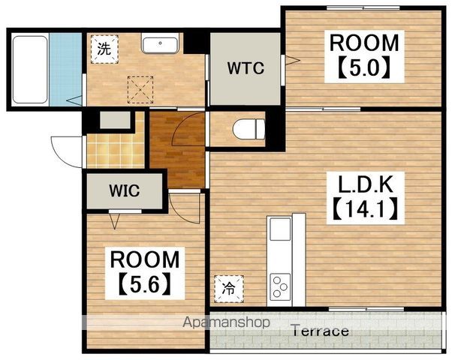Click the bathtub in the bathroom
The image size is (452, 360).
[30, 70]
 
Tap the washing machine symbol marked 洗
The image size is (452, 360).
[104, 49]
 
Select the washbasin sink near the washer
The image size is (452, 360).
[160, 45]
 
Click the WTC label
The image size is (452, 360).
[246, 68]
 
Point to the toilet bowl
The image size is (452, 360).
[249, 130]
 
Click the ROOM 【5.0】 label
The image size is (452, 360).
[364, 57]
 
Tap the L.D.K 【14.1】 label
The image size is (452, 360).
[365, 198]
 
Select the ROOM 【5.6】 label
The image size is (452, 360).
[145, 273]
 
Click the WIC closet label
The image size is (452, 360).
[125, 190]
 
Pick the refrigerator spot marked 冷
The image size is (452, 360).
[229, 289]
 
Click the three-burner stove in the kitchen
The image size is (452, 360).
[280, 286]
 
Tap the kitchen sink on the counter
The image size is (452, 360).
[279, 229]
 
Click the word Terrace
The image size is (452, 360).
[321, 331]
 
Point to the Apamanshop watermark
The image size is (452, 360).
[226, 322]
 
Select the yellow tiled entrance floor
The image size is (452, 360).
[116, 151]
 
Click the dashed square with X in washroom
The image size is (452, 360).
[140, 89]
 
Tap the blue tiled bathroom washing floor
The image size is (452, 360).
[65, 70]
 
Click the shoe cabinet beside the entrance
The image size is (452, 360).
[115, 120]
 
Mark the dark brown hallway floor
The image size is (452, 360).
[176, 149]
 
